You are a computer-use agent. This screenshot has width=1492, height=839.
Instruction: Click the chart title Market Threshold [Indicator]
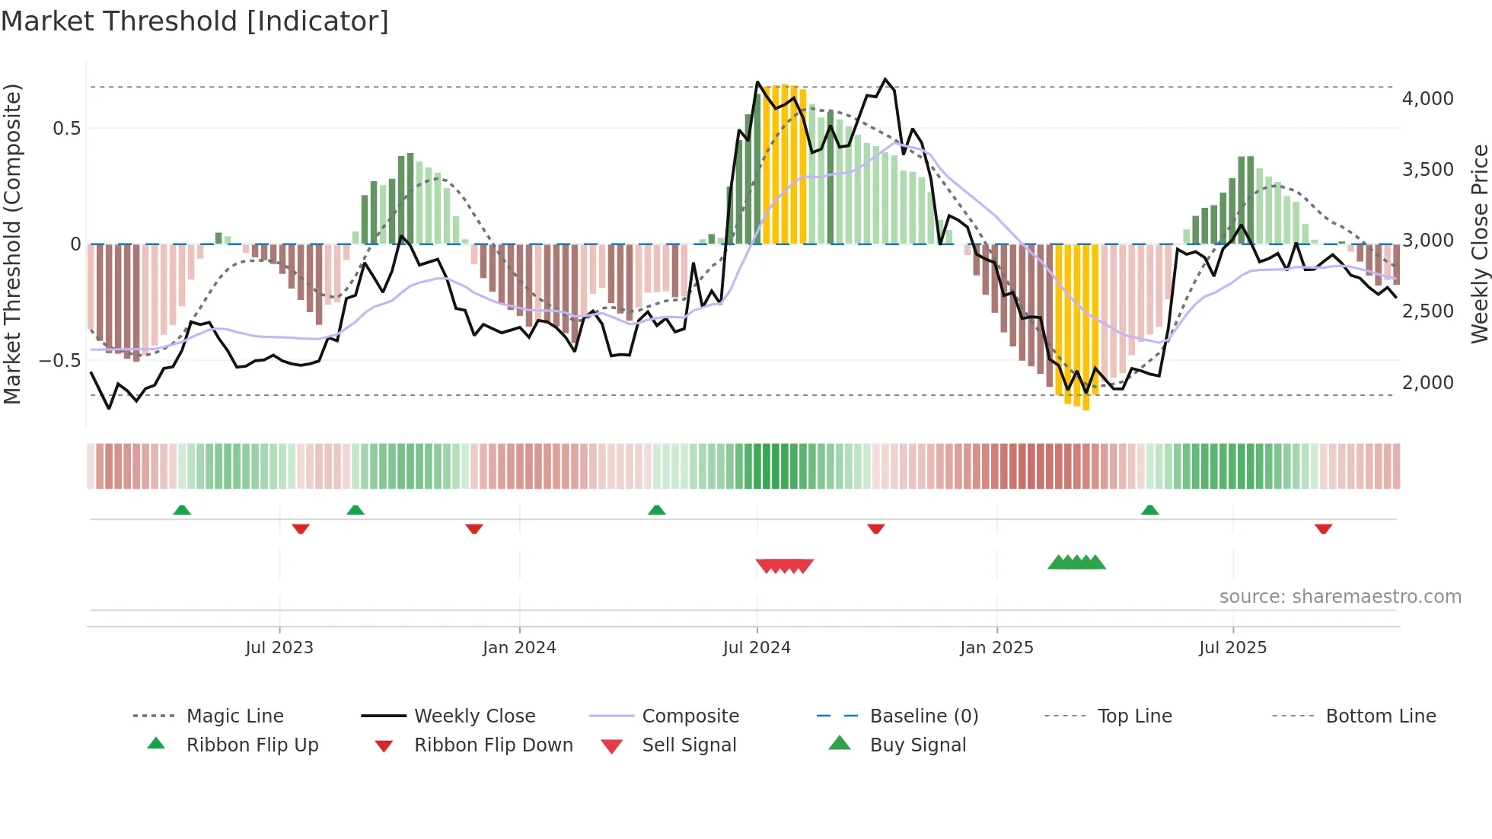195,21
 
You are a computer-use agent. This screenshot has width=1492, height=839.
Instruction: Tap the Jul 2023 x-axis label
279,648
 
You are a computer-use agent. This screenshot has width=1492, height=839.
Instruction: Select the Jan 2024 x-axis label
519,648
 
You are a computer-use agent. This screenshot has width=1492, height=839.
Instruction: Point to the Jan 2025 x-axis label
996,648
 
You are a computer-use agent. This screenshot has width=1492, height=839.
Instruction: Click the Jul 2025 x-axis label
1232,648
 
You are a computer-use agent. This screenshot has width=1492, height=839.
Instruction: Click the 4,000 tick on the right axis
1427,99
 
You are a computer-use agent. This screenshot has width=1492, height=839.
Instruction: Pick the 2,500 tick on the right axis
1427,311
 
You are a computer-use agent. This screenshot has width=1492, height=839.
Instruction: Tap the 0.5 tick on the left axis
67,128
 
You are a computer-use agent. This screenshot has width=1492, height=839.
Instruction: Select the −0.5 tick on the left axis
60,360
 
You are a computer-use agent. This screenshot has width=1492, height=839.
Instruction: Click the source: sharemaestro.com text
1340,597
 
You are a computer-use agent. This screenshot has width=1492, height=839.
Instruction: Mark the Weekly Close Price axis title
1479,244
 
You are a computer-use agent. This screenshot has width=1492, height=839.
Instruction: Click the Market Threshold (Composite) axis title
12,244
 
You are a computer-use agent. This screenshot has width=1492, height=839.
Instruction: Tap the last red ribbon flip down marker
1323,528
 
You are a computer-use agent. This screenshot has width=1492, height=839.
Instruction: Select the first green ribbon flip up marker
182,510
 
